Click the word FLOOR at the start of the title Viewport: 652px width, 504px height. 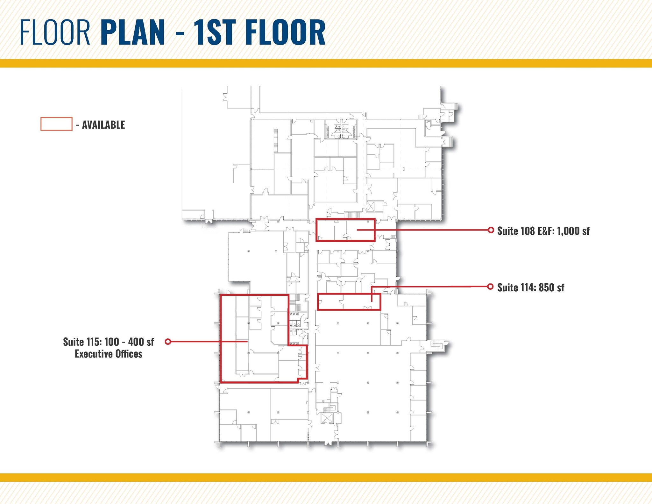coord(55,32)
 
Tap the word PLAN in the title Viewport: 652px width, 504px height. coord(133,32)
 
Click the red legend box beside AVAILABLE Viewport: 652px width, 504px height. coord(56,124)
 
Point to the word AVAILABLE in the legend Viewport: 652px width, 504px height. coord(103,125)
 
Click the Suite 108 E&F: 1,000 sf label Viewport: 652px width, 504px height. coord(543,231)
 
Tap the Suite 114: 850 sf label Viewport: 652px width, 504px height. coord(531,287)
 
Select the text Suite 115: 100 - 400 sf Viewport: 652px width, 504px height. coord(109,342)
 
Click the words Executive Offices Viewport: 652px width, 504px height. coord(109,354)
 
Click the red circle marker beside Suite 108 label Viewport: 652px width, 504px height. coord(491,230)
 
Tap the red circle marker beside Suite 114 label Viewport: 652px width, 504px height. coord(491,287)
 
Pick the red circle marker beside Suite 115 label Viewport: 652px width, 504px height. coord(168,342)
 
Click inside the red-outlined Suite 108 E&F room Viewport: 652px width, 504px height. coord(345,230)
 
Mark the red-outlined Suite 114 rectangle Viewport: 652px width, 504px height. coord(349,302)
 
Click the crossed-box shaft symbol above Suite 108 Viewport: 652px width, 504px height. coord(370,206)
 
